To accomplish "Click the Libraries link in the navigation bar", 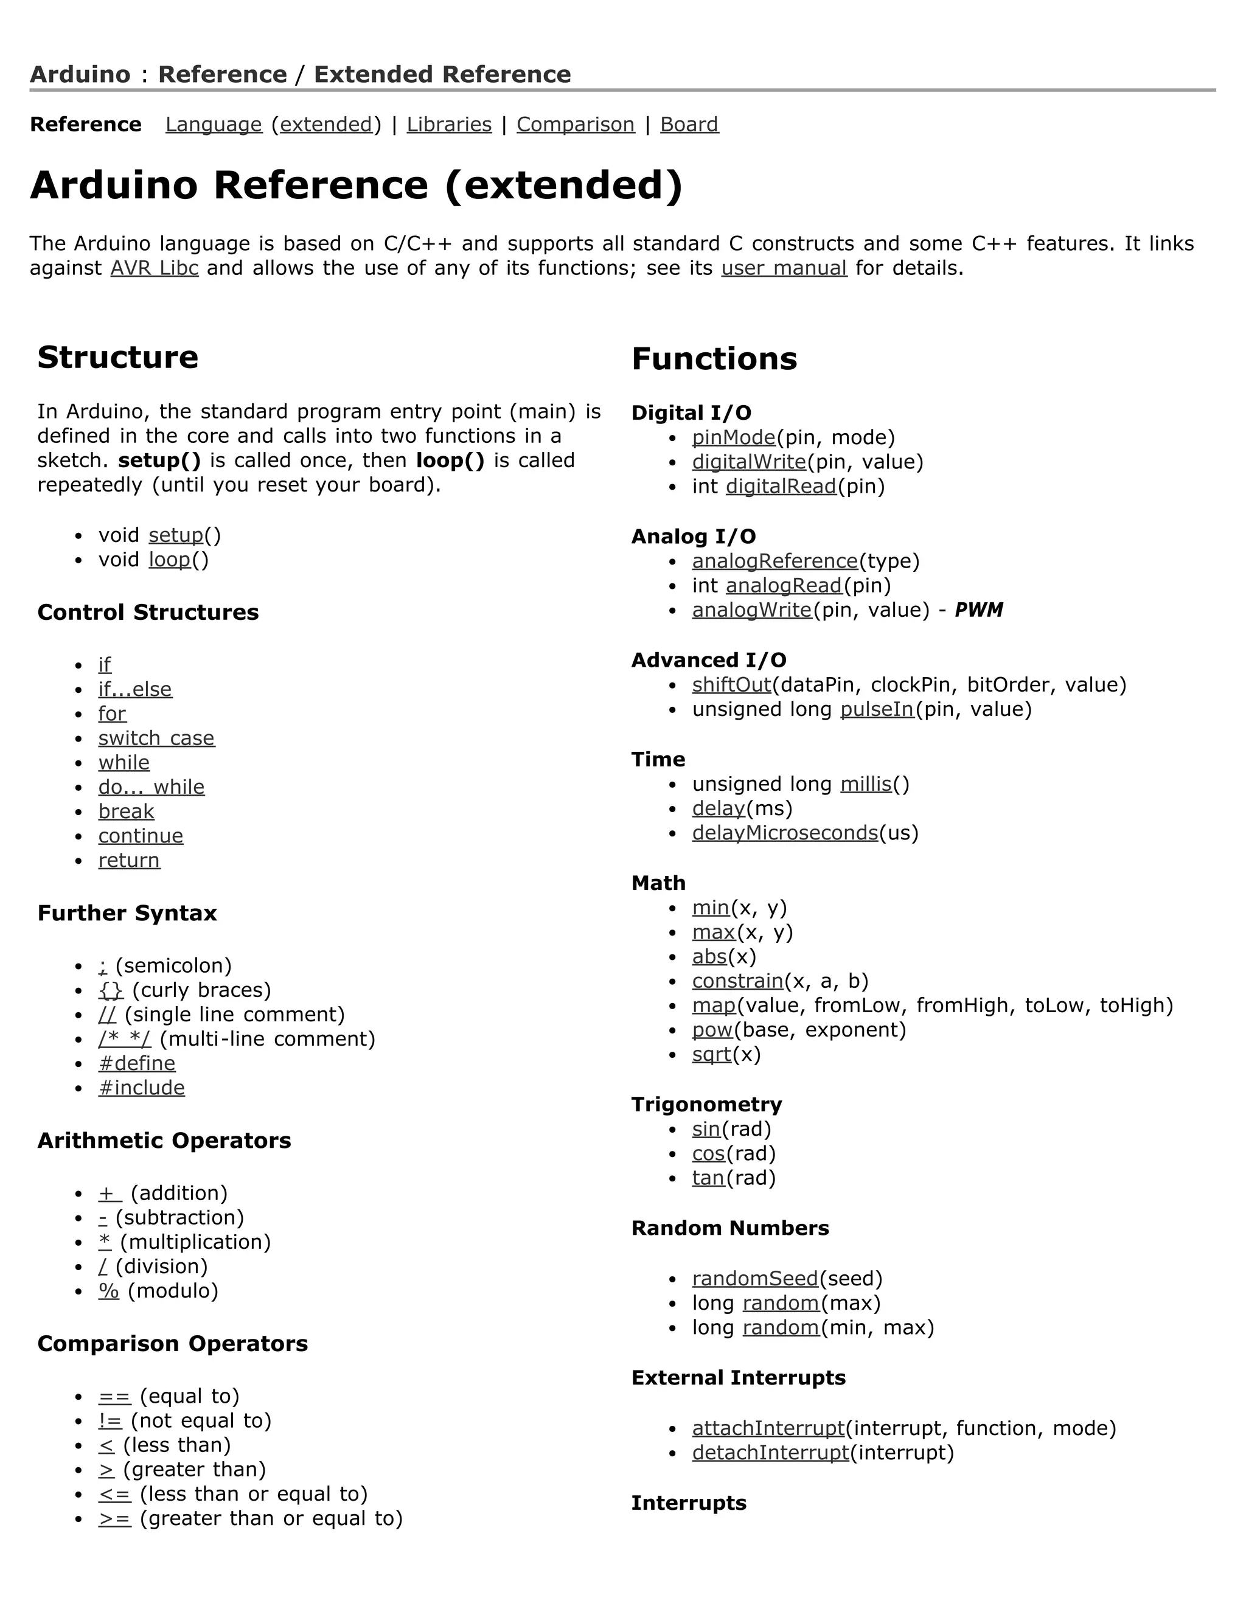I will [449, 125].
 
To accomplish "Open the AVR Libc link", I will [155, 268].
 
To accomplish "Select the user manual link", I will [784, 268].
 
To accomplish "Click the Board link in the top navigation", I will [689, 125].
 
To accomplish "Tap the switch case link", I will [156, 738].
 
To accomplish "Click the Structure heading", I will [118, 357].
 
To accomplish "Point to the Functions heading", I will [714, 359].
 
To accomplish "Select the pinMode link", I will [734, 438].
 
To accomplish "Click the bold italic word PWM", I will [978, 610].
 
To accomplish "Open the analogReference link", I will [774, 561].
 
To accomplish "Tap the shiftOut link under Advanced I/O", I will [731, 685].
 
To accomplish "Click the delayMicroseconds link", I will [785, 833].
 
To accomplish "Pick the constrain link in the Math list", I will [737, 981].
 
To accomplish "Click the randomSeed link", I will [755, 1279].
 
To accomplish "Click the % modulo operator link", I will [108, 1291].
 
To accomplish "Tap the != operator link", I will [110, 1421].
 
